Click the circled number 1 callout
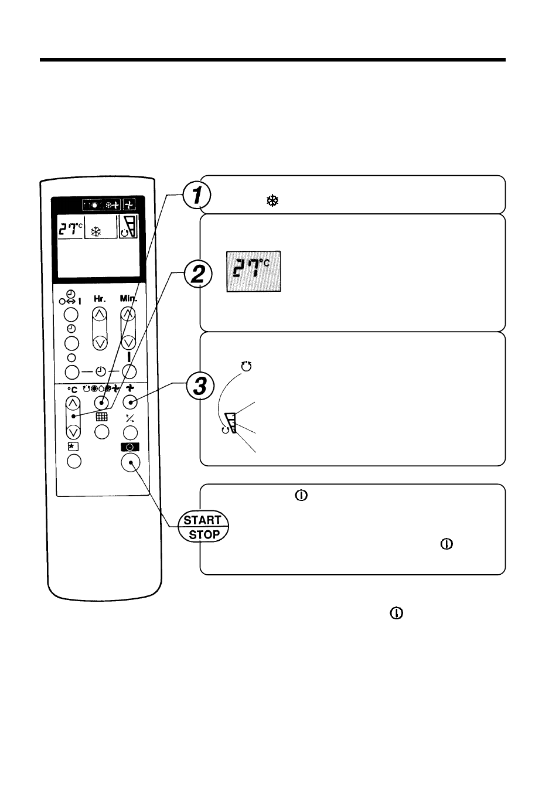197,196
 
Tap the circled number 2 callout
198,274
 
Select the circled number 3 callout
200,386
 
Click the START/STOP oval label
203,527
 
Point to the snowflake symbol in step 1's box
272,201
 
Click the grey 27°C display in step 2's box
254,271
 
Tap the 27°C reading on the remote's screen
70,229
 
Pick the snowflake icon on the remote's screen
96,232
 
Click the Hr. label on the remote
100,299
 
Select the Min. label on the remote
128,298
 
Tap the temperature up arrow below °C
73,403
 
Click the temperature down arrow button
73,431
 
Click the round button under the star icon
74,462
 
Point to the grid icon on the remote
102,417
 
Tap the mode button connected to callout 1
102,403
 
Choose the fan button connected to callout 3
130,403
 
